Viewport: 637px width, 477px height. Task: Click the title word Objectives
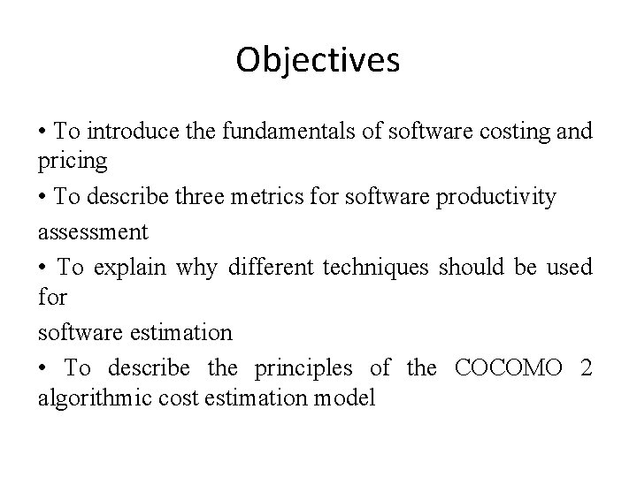(318, 61)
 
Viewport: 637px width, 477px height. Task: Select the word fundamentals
(269, 132)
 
